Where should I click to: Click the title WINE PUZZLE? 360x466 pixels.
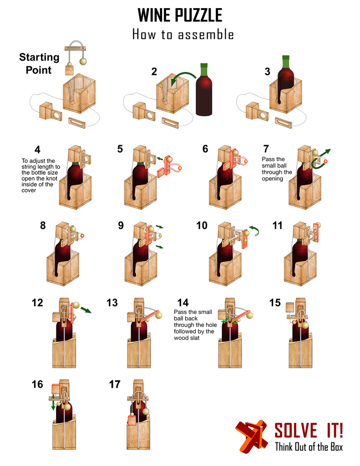(x=180, y=15)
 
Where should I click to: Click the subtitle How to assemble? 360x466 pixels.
(x=183, y=35)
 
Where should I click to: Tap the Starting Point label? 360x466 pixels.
(x=39, y=63)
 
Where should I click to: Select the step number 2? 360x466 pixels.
(x=154, y=71)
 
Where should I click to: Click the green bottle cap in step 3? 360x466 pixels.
(x=285, y=61)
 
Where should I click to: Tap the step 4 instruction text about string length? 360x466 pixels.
(x=38, y=176)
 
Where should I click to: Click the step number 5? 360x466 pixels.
(x=120, y=148)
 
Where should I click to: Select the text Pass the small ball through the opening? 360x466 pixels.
(x=277, y=169)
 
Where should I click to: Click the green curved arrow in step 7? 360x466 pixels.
(x=321, y=157)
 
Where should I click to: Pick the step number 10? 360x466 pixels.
(x=202, y=226)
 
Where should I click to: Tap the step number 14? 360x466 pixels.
(x=183, y=303)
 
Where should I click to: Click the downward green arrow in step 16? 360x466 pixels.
(x=54, y=403)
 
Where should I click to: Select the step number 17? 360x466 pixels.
(x=115, y=385)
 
